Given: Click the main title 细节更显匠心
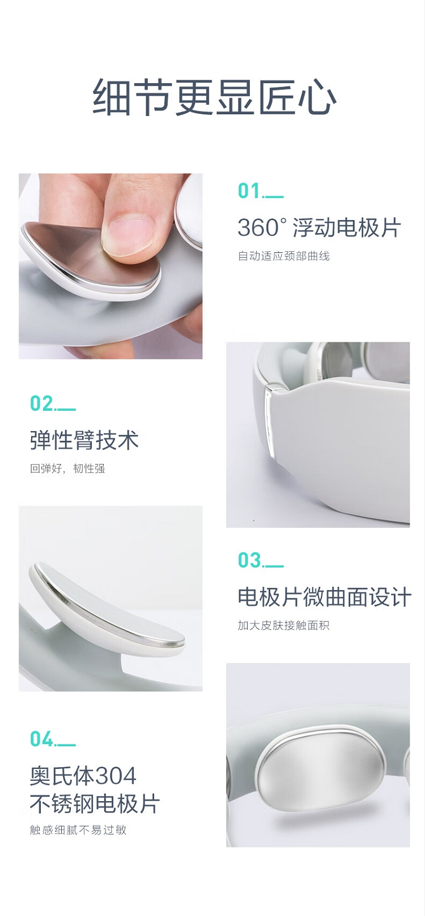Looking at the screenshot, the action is [214, 97].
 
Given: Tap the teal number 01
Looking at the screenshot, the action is [249, 191].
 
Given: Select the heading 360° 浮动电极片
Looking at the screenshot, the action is [319, 227].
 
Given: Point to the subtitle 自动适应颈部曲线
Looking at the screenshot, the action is [284, 256].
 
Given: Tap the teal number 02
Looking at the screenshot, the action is [41, 403].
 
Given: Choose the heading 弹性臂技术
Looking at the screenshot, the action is [84, 440].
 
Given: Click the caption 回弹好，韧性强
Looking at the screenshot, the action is [67, 468].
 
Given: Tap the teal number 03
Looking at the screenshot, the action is [249, 560].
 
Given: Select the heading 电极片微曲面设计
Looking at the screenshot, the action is [324, 597].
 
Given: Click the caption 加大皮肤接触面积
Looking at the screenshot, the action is [284, 626].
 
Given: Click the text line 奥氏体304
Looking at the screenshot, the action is [83, 776].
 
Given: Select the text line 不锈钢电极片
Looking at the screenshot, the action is [95, 804].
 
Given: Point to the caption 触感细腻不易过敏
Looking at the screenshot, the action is [78, 830].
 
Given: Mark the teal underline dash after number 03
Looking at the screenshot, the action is [273, 566].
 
